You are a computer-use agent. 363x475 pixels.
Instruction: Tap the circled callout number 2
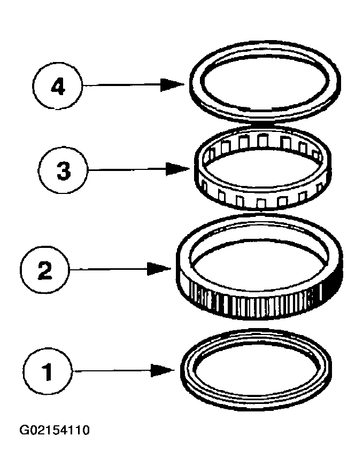pyautogui.click(x=45, y=269)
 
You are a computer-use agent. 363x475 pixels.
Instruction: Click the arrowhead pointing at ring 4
pyautogui.click(x=172, y=84)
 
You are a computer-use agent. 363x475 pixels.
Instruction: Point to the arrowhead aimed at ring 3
pyautogui.click(x=178, y=169)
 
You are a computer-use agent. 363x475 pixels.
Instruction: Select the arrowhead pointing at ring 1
pyautogui.click(x=163, y=370)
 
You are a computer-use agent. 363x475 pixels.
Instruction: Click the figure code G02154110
pyautogui.click(x=55, y=430)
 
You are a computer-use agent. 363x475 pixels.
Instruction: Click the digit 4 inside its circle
pyautogui.click(x=58, y=87)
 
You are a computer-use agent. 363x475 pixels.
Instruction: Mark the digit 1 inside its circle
pyautogui.click(x=47, y=372)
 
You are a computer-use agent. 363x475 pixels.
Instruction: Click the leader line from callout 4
pyautogui.click(x=121, y=85)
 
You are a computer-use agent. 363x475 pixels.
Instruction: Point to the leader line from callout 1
pyautogui.click(x=112, y=371)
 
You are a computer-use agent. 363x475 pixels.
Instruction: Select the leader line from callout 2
pyautogui.click(x=109, y=269)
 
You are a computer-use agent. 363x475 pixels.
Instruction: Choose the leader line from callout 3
pyautogui.click(x=127, y=169)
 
